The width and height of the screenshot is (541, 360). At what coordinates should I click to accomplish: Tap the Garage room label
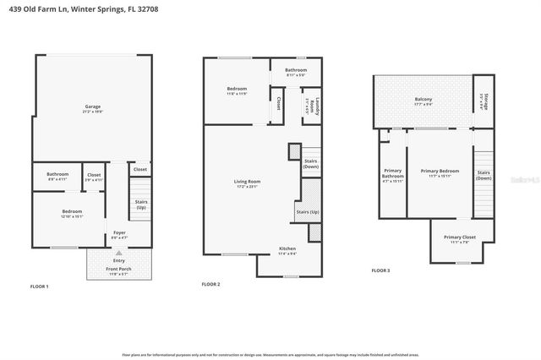pos(93,108)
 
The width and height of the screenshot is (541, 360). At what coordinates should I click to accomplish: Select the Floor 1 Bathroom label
pos(57,177)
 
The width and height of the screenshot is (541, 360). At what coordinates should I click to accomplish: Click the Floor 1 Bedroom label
pos(72,213)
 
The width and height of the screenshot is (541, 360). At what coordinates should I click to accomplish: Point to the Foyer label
pos(119,235)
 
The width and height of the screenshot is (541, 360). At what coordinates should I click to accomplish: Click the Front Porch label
pos(118,271)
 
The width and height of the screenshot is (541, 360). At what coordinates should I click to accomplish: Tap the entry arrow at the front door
pos(119,253)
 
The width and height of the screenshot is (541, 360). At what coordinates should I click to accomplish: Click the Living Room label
pos(247,183)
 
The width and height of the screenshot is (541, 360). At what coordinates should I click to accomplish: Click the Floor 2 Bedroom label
pos(236,90)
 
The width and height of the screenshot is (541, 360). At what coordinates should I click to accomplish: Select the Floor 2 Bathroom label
pos(295,71)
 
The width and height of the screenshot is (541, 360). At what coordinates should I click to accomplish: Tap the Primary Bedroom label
pos(438,174)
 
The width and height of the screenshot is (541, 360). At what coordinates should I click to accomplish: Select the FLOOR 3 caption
pos(382,270)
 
